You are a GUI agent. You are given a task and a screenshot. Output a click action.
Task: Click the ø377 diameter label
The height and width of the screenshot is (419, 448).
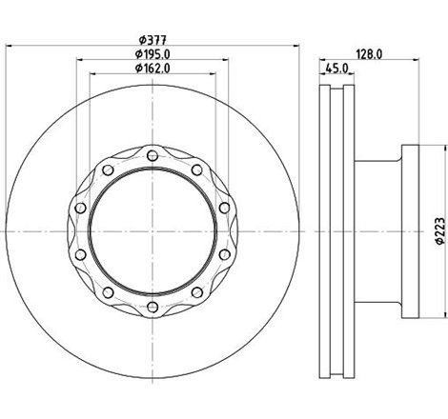[151, 39]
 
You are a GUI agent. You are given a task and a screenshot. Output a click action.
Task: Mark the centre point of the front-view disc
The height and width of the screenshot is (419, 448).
[153, 229]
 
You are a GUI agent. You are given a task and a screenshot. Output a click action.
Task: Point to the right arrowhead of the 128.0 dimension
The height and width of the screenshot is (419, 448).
[417, 61]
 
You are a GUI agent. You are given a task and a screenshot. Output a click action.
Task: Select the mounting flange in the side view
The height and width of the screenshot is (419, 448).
[410, 229]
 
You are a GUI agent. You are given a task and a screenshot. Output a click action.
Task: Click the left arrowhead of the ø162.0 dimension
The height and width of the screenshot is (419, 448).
[92, 75]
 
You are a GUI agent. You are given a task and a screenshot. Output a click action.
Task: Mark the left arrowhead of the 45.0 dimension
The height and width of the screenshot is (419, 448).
[319, 75]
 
